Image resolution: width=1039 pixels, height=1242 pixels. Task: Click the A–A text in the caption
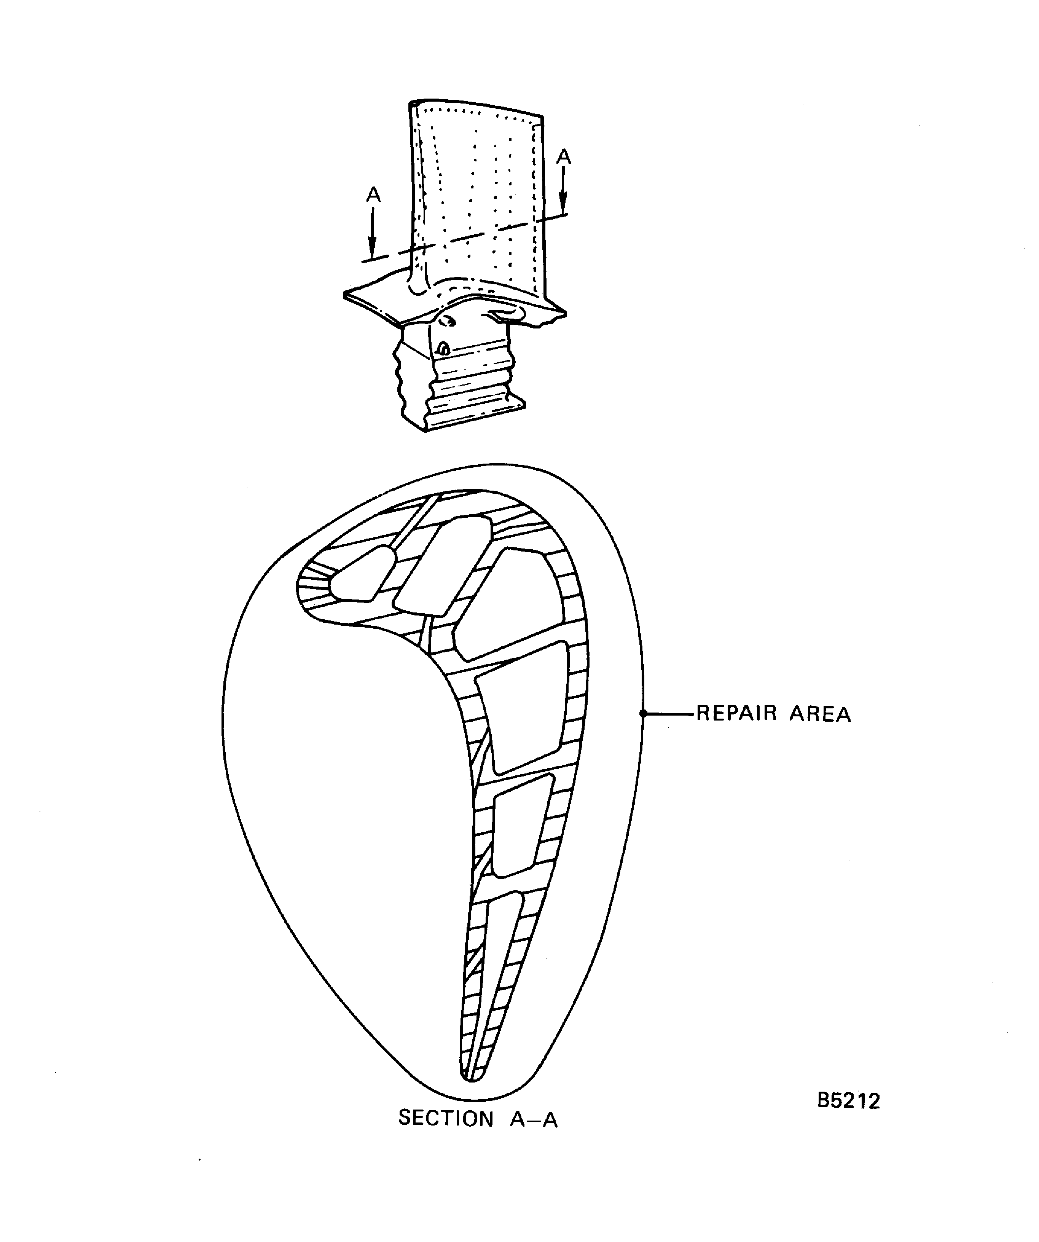click(534, 1119)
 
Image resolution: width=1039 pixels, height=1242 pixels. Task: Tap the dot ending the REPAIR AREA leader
click(644, 714)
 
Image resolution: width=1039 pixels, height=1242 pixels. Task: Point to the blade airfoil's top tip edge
click(476, 107)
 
